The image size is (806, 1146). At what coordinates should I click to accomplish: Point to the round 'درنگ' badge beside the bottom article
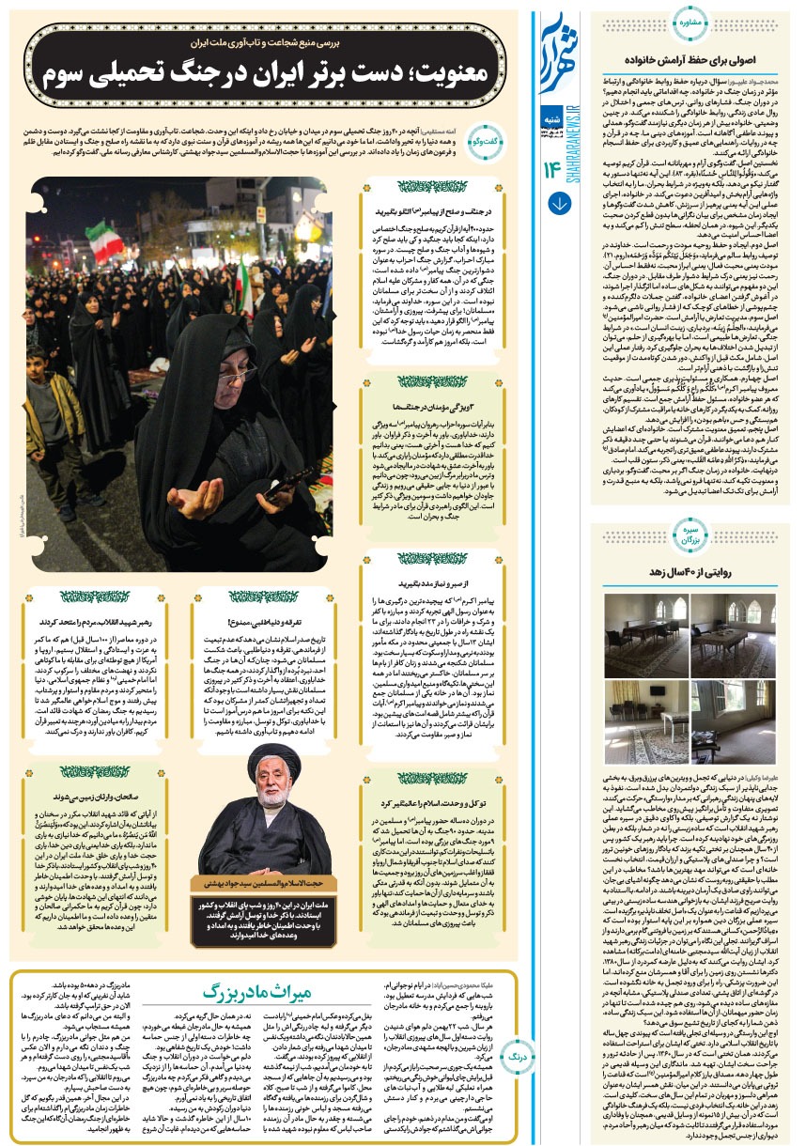point(514,1056)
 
